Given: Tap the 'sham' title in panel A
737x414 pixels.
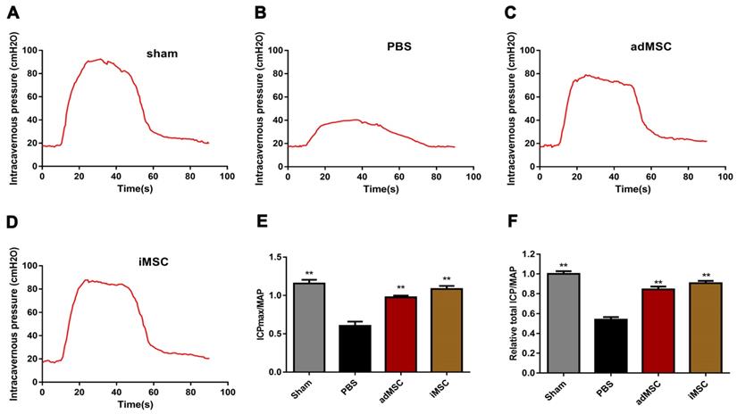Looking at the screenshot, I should (162, 54).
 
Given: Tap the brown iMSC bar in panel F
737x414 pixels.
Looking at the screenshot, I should (704, 327).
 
